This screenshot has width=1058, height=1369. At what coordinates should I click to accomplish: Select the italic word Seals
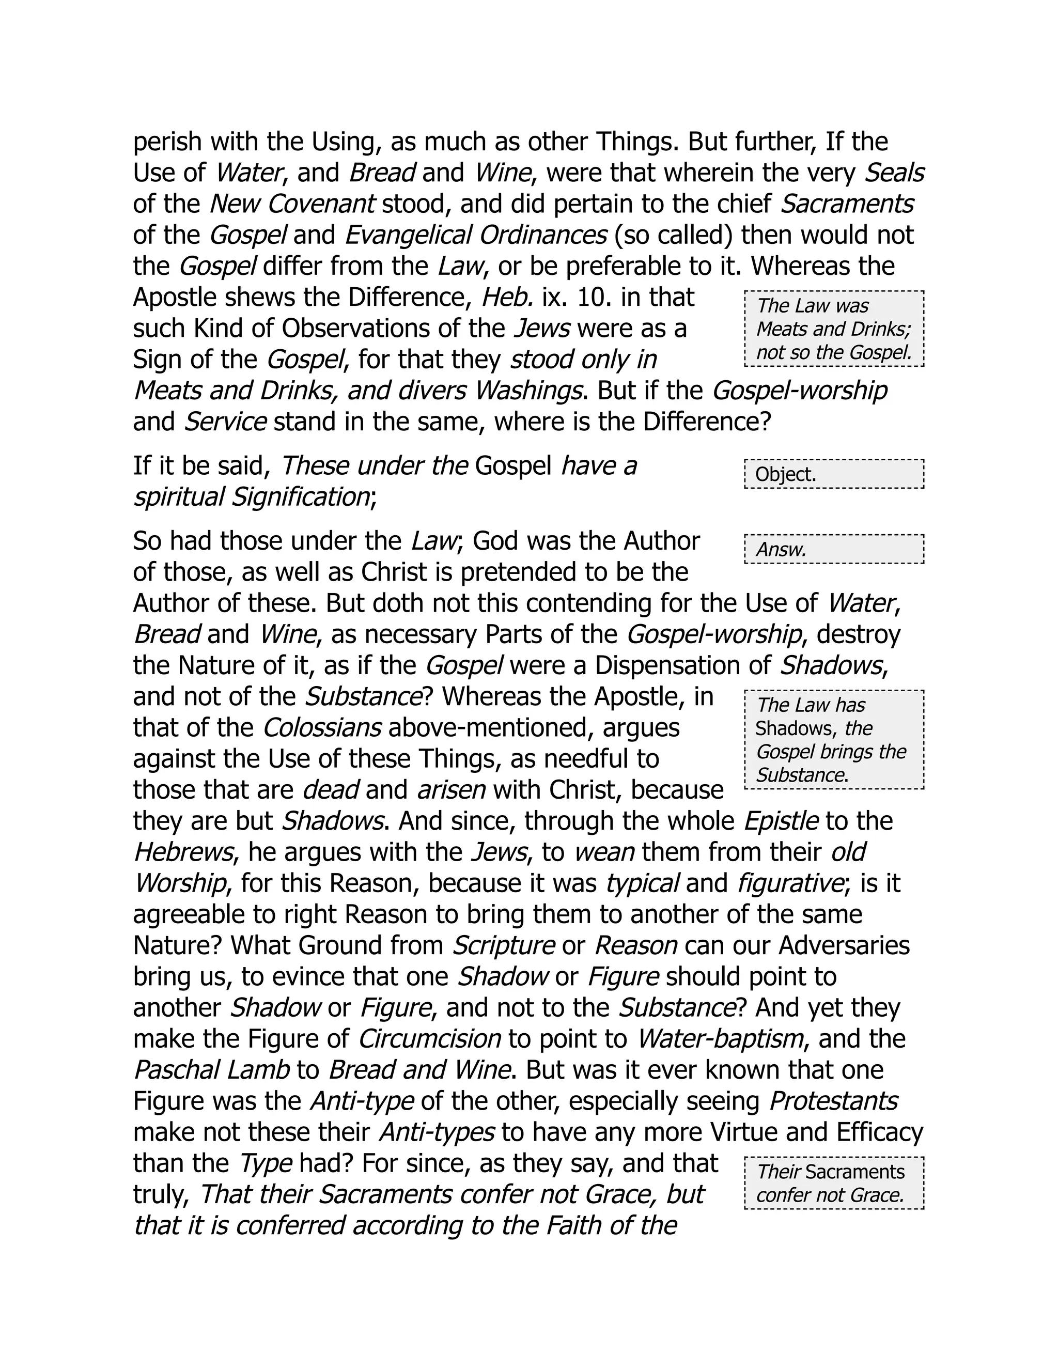(x=894, y=173)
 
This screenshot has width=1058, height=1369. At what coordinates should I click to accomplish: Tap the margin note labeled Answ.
(x=834, y=550)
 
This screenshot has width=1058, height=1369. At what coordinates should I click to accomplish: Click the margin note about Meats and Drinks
(x=834, y=329)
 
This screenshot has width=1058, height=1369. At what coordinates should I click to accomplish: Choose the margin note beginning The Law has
(x=834, y=740)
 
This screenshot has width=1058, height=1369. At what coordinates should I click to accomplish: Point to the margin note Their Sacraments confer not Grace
(x=834, y=1184)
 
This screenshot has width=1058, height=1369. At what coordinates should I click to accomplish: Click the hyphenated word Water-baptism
(x=720, y=1039)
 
